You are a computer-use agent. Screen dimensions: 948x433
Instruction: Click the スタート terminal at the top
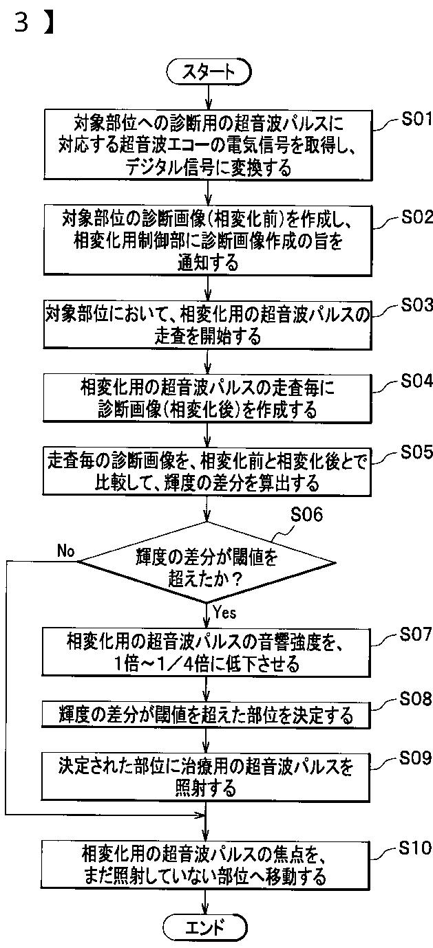(x=207, y=71)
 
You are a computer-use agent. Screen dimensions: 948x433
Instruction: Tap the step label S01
(x=416, y=120)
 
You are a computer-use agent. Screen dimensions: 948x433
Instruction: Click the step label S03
(x=416, y=306)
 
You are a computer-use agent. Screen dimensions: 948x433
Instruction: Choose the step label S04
(x=416, y=382)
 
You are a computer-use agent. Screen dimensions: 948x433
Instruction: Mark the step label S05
(x=416, y=452)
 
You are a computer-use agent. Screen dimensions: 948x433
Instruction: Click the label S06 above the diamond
(x=307, y=515)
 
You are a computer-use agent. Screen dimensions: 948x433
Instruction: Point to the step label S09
(x=416, y=758)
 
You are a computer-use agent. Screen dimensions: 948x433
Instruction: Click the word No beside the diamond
(x=66, y=551)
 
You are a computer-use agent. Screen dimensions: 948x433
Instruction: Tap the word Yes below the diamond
(x=225, y=610)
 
